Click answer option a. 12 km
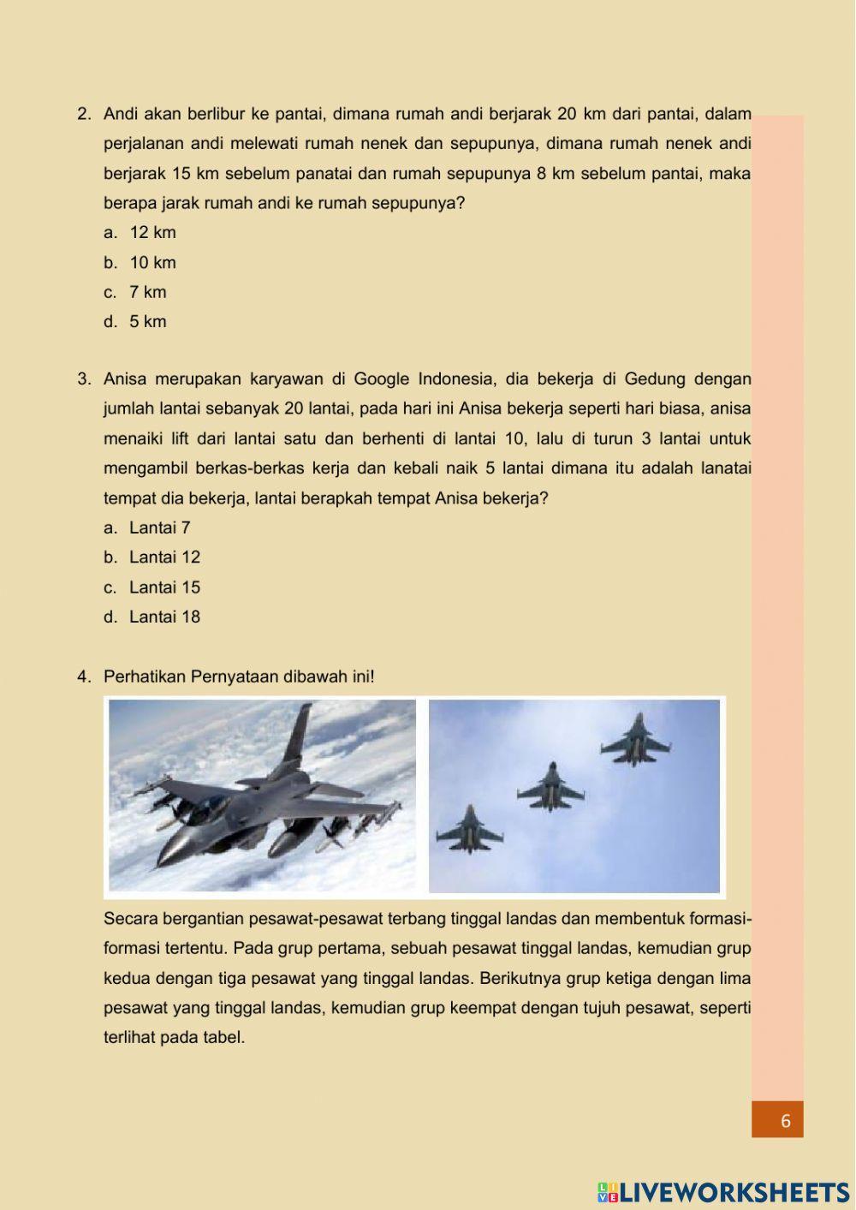click(152, 233)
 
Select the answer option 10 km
click(152, 263)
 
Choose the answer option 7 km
click(147, 292)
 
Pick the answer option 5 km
click(147, 322)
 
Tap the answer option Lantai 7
click(159, 528)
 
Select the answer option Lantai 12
click(163, 557)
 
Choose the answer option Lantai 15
click(163, 587)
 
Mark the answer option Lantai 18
click(163, 617)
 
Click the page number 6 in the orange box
click(785, 1120)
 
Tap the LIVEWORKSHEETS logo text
click(733, 1193)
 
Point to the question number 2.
click(84, 114)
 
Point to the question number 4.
click(84, 677)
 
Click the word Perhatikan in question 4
click(144, 677)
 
